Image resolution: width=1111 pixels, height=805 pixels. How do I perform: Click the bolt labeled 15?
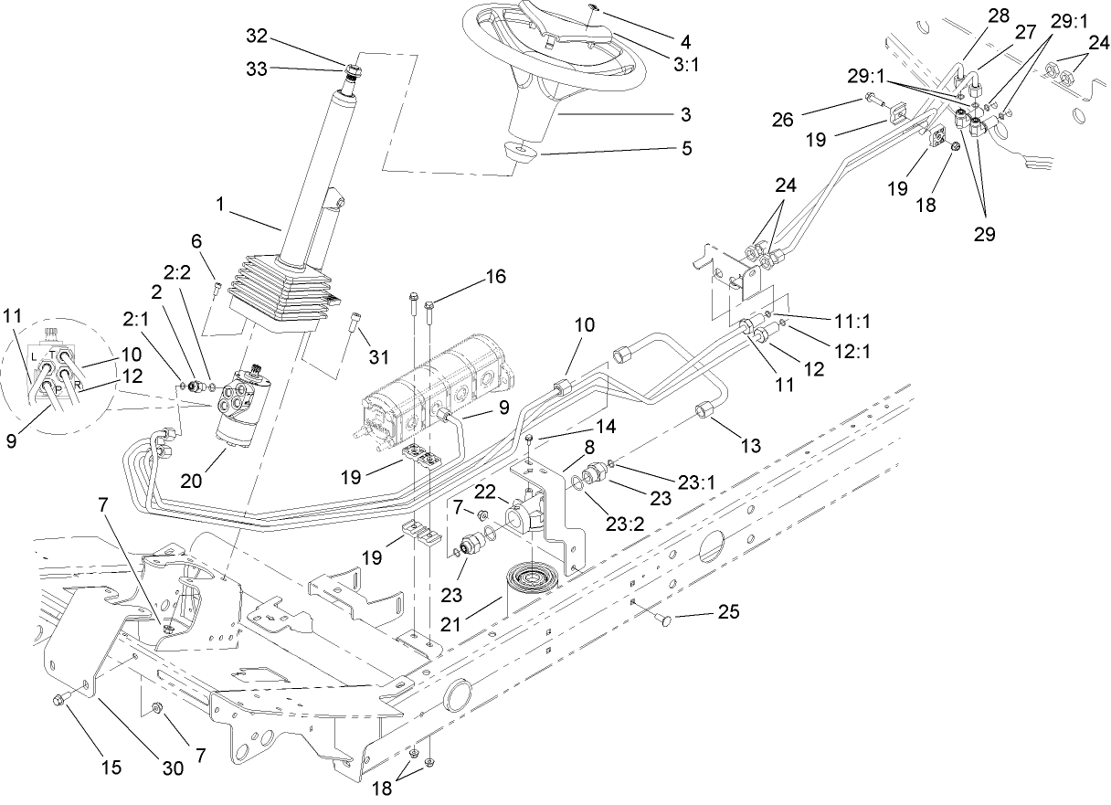pyautogui.click(x=58, y=701)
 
